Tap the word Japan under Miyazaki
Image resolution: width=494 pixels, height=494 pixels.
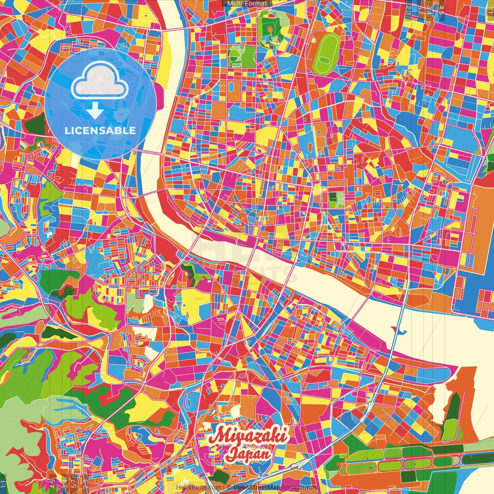(x=248, y=454)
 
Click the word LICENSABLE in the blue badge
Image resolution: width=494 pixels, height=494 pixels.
(x=100, y=130)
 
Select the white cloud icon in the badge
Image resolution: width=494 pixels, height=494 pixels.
(x=100, y=80)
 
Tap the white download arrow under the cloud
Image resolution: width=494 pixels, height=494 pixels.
(x=95, y=111)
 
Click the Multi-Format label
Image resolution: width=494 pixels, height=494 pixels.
(x=247, y=3)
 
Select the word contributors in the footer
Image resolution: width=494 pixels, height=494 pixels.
(x=299, y=487)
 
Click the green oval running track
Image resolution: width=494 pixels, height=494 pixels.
(x=326, y=54)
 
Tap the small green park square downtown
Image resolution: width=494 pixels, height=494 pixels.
(x=336, y=199)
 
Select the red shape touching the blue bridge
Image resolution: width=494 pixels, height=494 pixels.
(x=393, y=329)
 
